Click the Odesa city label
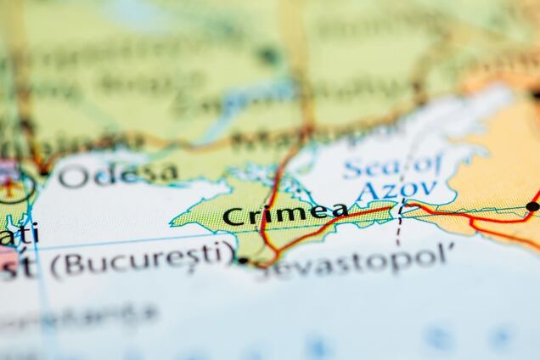118,174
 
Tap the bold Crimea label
285,214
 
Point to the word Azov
397,189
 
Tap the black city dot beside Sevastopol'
243,261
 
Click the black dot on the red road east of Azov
532,206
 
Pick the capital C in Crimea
232,217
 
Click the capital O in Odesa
73,177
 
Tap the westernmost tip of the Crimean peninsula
172,222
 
